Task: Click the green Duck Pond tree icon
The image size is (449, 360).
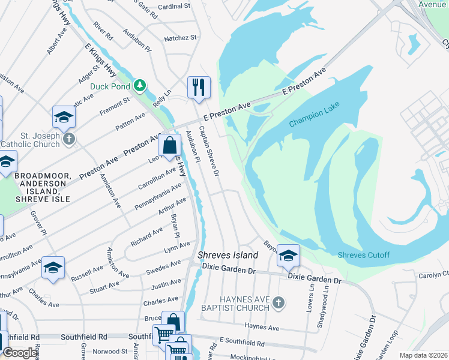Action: tap(140, 86)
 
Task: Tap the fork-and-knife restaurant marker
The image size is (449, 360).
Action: tap(199, 87)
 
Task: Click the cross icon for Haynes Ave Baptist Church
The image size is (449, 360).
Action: tap(278, 303)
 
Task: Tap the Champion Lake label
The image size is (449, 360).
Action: tap(314, 114)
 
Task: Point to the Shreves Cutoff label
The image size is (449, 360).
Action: tap(364, 255)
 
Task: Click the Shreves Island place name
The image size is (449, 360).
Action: tap(228, 255)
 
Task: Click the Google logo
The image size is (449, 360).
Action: tap(20, 353)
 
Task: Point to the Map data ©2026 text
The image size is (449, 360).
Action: tap(423, 355)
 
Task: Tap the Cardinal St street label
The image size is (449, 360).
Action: tap(173, 7)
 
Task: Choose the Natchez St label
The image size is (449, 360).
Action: tap(180, 38)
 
